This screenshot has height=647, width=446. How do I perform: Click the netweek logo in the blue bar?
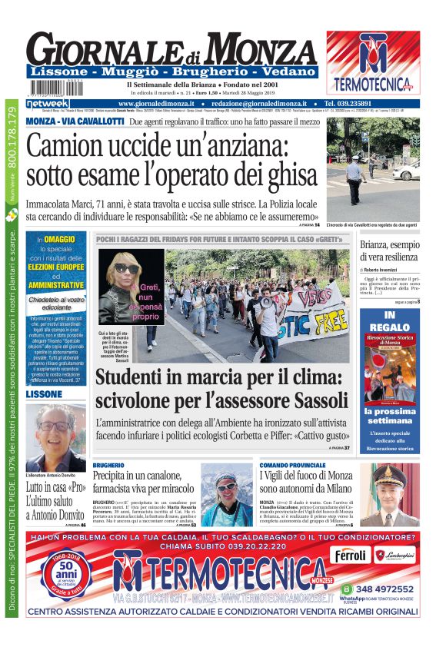coord(48,103)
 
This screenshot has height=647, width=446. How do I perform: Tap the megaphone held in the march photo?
coord(265,304)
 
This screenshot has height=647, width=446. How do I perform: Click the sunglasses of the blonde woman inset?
coord(126,268)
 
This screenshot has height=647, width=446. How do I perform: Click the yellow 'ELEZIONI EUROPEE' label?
coord(56,267)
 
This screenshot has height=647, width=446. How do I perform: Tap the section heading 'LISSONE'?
coord(44,394)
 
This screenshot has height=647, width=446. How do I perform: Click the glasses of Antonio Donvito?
coord(55,426)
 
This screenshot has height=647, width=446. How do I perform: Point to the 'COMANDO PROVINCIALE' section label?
coord(292,466)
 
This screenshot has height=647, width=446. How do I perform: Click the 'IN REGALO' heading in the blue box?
coord(390,320)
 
